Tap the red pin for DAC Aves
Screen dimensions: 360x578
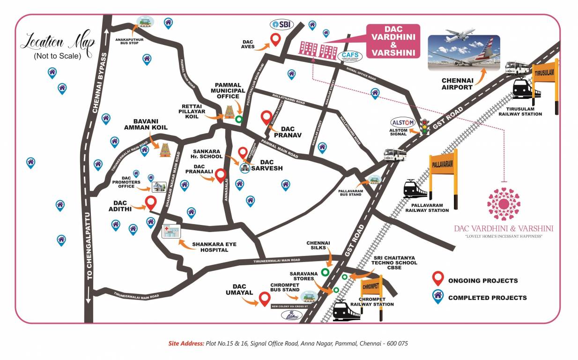(x=276, y=40)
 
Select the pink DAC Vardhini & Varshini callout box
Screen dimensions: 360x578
(x=393, y=41)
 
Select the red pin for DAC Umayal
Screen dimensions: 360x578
(x=265, y=298)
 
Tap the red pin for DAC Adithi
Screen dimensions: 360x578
(x=150, y=203)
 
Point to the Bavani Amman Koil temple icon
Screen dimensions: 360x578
(x=165, y=149)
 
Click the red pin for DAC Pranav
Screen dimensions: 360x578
(x=266, y=117)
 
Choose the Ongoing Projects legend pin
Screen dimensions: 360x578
(x=438, y=278)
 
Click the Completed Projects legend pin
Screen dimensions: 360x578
(x=438, y=297)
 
